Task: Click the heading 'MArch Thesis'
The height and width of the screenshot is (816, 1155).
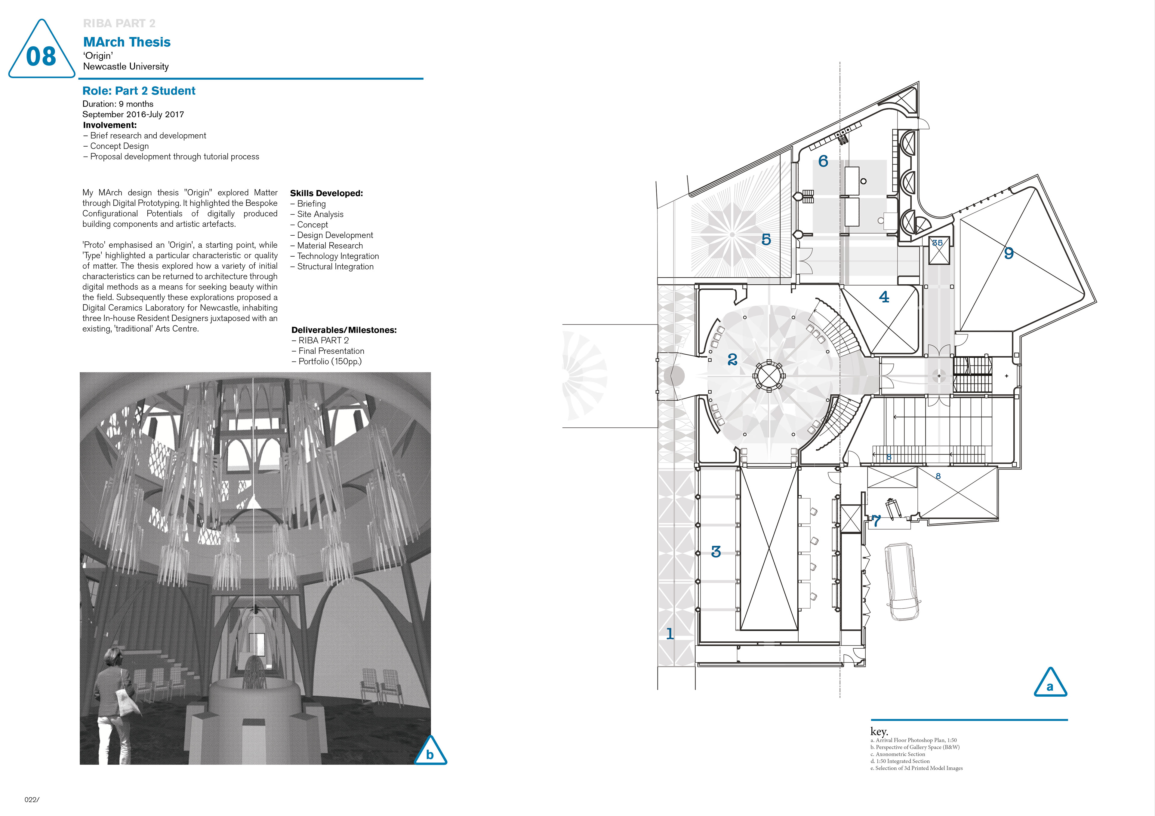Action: (x=127, y=42)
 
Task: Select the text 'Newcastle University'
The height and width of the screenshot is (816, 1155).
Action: (x=126, y=66)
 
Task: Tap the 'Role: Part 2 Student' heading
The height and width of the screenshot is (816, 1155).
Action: (x=139, y=91)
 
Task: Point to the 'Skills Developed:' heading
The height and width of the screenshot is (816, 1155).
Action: (x=326, y=193)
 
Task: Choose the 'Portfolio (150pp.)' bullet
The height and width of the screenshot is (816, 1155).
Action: (x=330, y=362)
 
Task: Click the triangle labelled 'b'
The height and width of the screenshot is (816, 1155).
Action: (x=430, y=753)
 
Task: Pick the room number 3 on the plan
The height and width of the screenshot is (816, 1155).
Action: (x=716, y=552)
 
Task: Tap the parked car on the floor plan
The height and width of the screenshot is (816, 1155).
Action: (x=902, y=581)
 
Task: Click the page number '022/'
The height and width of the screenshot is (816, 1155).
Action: (x=31, y=800)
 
